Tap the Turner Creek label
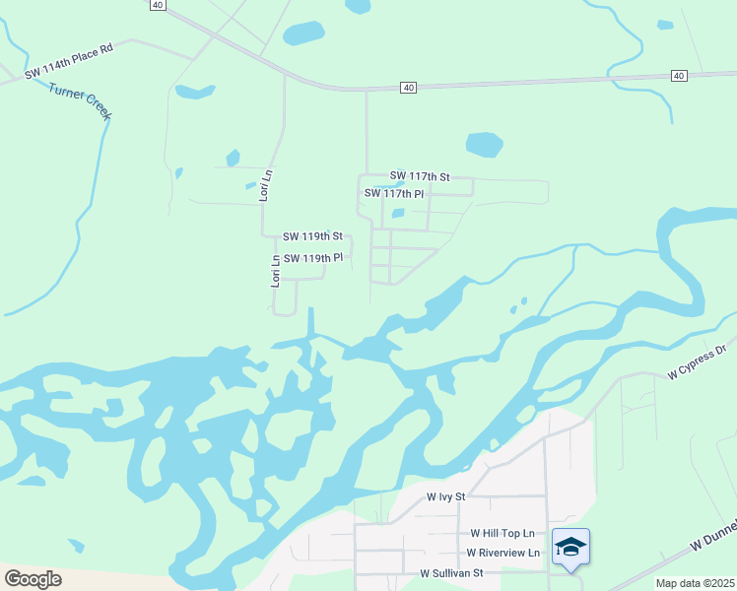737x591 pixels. [81, 101]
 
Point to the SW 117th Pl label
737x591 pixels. [394, 193]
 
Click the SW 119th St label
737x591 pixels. [312, 236]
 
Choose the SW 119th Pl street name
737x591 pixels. [312, 258]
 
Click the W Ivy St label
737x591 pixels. [445, 498]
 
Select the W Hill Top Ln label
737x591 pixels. [502, 532]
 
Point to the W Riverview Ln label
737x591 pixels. [503, 553]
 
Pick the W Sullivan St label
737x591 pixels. [451, 572]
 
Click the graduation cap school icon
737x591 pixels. [570, 547]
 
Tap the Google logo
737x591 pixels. [33, 579]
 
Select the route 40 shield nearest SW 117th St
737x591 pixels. [408, 88]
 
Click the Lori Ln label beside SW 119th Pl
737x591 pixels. [277, 270]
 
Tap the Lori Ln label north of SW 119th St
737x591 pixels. [264, 186]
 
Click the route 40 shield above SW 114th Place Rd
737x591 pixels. [158, 5]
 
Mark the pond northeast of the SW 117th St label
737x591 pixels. [484, 145]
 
